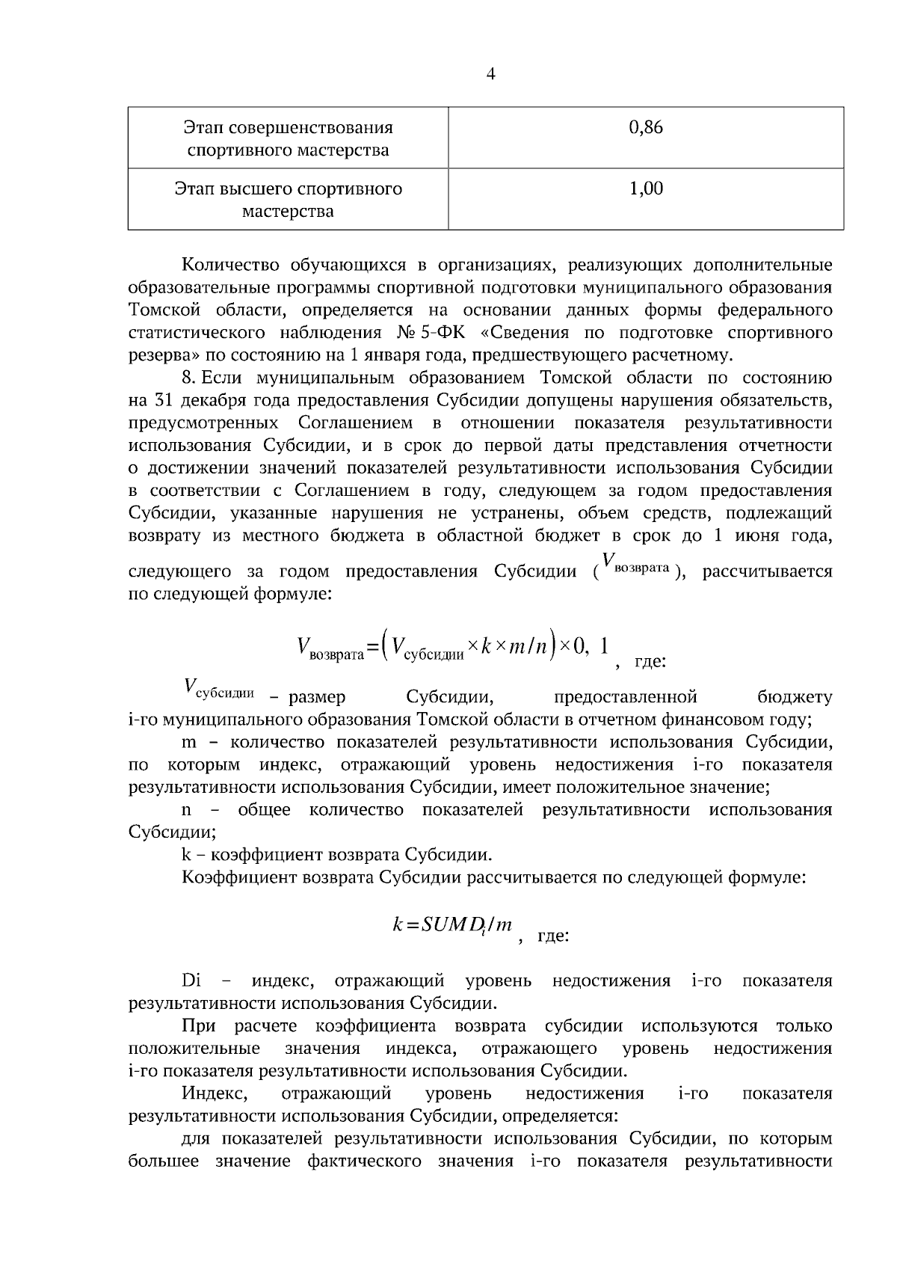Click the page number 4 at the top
tap(490, 73)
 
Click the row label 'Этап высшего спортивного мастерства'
tap(288, 200)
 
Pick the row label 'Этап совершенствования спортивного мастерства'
tap(288, 138)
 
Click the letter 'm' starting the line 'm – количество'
tap(189, 743)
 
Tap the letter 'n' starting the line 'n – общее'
tap(187, 810)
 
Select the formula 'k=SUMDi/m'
tap(452, 925)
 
